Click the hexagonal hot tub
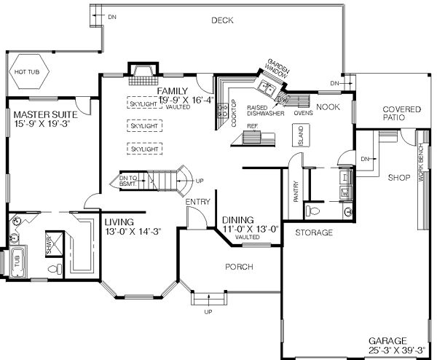(28, 73)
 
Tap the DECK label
(222, 20)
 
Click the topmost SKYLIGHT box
(145, 103)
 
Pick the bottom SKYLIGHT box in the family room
(145, 149)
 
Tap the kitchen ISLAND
(300, 136)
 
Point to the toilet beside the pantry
(313, 211)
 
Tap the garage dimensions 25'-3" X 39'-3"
(395, 351)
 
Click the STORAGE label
(314, 233)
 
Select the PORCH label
(238, 267)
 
